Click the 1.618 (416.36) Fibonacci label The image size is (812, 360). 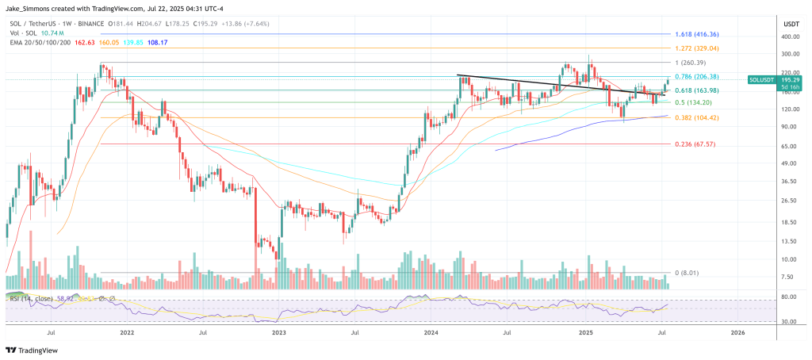click(697, 35)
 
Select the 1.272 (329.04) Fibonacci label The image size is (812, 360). click(697, 48)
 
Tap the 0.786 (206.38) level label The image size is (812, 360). click(697, 77)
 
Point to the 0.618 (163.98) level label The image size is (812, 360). click(697, 90)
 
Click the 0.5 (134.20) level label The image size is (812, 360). click(694, 102)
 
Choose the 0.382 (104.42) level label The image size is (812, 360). click(697, 117)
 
